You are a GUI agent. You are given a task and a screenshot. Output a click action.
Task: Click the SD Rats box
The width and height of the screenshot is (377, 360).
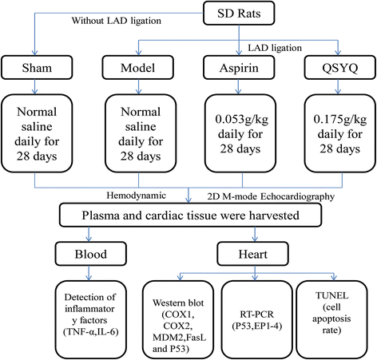coord(239,13)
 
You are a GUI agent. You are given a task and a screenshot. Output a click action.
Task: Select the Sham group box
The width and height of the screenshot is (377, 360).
coord(37,67)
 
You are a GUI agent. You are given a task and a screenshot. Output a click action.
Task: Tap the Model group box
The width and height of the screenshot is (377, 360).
coord(138,67)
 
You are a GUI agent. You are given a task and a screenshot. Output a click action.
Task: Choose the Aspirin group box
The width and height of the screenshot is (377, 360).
coord(239,67)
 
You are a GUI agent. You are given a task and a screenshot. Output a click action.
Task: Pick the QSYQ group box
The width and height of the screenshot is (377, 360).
coord(340,67)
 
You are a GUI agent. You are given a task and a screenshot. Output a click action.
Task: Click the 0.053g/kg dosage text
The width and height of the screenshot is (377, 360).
coord(242,120)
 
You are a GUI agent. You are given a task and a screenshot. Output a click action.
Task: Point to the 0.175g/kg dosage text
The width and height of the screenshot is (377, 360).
coord(340,120)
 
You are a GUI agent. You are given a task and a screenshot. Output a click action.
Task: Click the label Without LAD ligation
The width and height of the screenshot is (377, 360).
coord(117,21)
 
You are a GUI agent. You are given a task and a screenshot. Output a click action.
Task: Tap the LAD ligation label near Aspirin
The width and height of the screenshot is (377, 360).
coord(275,48)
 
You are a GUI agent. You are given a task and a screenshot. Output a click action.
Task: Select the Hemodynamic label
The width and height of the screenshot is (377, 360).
coord(136,196)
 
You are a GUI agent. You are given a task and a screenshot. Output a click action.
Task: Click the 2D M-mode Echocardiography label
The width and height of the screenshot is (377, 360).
coord(271,196)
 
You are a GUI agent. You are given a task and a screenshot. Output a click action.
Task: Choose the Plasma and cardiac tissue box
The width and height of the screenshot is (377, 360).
coord(190,215)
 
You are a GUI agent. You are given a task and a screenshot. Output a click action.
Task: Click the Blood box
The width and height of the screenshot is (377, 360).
coord(91,254)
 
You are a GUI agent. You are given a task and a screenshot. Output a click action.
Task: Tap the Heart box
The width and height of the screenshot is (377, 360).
coord(252,254)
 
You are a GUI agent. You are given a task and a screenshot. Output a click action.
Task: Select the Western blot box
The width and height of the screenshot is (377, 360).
coord(178,320)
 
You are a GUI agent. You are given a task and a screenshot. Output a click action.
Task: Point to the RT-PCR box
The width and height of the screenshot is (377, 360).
coord(256,320)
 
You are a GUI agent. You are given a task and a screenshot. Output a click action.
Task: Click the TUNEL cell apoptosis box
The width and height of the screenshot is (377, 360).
coord(331,320)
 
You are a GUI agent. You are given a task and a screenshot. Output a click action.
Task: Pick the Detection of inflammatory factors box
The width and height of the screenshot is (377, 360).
coord(91,320)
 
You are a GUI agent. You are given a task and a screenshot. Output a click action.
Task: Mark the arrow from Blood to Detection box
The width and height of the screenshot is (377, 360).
coord(89,273)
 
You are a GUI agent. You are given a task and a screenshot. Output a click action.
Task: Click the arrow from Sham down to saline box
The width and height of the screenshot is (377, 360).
coord(34,87)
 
